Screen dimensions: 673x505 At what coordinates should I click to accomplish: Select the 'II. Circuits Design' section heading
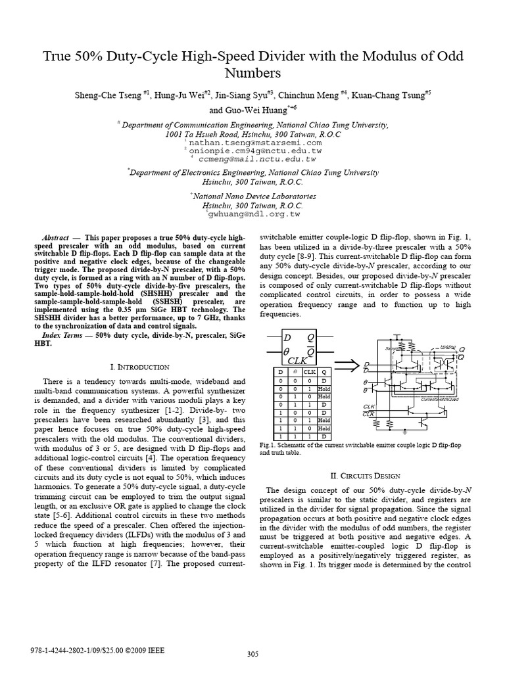(x=364, y=475)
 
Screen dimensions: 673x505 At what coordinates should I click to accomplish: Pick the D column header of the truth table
(x=280, y=371)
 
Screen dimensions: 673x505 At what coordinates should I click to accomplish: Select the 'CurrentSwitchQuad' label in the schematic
(x=439, y=400)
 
